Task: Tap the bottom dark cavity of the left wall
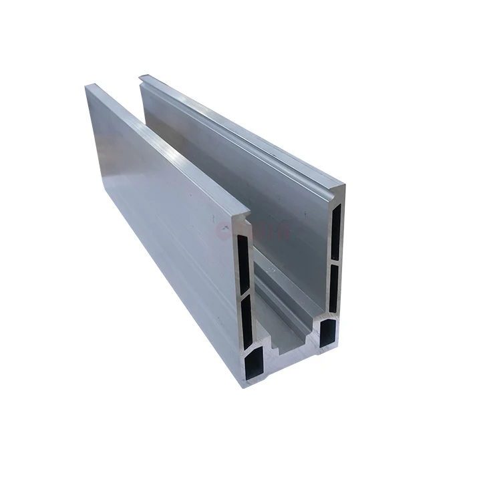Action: click(256, 365)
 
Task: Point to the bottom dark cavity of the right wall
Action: click(328, 332)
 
